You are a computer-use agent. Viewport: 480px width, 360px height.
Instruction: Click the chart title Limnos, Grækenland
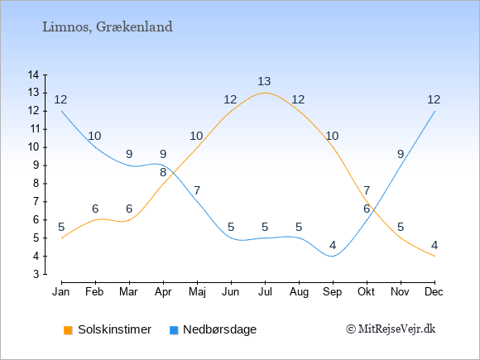pos(108,27)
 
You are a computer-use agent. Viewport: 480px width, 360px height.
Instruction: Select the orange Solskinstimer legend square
pos(68,330)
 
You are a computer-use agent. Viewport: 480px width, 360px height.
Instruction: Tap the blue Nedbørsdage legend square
pos(174,330)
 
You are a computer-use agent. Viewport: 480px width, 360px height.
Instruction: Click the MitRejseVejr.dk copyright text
pos(391,329)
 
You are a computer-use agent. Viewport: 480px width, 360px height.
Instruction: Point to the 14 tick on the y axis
pos(33,74)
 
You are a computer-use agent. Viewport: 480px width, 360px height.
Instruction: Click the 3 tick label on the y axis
pos(36,274)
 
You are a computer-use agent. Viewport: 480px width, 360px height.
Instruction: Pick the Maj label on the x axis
pos(197,292)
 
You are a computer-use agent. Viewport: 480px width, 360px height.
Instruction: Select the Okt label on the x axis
pos(366,292)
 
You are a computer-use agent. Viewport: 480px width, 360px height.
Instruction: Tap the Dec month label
pos(434,292)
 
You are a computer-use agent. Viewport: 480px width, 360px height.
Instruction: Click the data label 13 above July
pos(264,81)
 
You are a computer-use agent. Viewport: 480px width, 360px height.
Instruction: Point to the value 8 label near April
pos(163,172)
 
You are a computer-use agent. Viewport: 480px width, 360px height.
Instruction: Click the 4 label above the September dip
pos(333,245)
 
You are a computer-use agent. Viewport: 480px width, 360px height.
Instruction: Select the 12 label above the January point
pos(60,99)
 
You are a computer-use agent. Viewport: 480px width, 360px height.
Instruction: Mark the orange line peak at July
pos(265,93)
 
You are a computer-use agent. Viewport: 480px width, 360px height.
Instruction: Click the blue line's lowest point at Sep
pos(333,257)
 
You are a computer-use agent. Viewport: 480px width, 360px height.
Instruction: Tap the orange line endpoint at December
pos(434,257)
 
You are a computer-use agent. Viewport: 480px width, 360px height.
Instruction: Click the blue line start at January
pos(62,111)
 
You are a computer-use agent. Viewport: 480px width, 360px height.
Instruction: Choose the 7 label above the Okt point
pos(367,190)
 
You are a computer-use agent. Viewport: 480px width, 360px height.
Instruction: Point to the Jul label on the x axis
pos(265,292)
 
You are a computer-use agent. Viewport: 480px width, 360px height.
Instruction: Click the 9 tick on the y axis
pos(36,166)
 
